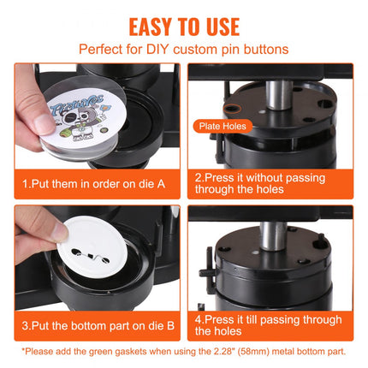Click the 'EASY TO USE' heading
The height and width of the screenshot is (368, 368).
(x=183, y=23)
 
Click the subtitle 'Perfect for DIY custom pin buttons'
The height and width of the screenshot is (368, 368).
(x=183, y=49)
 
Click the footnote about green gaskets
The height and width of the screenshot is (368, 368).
(x=183, y=353)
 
